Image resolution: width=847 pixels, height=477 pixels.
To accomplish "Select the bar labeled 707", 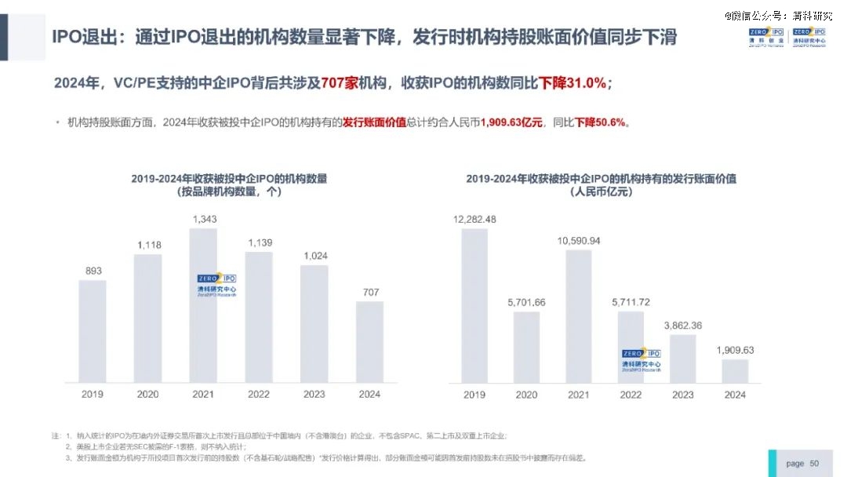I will (369, 341).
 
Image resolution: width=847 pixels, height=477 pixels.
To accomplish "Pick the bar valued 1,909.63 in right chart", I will (735, 370).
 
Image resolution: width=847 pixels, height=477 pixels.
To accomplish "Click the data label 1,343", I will (204, 218).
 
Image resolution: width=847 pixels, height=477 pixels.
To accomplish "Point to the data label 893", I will (93, 271).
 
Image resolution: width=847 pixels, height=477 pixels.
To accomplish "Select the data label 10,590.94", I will (579, 241).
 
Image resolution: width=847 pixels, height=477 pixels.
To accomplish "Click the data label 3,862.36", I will (683, 325).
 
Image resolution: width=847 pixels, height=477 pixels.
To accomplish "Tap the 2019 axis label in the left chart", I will (93, 395).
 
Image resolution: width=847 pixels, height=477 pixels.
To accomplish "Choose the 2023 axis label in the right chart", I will (683, 395).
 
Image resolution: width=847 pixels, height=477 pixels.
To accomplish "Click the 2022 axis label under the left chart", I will (259, 395).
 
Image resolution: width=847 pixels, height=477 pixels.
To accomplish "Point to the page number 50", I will (814, 464).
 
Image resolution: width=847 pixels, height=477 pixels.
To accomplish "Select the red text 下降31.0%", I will (572, 83).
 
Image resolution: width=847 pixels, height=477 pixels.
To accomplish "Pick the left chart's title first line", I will (229, 179).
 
